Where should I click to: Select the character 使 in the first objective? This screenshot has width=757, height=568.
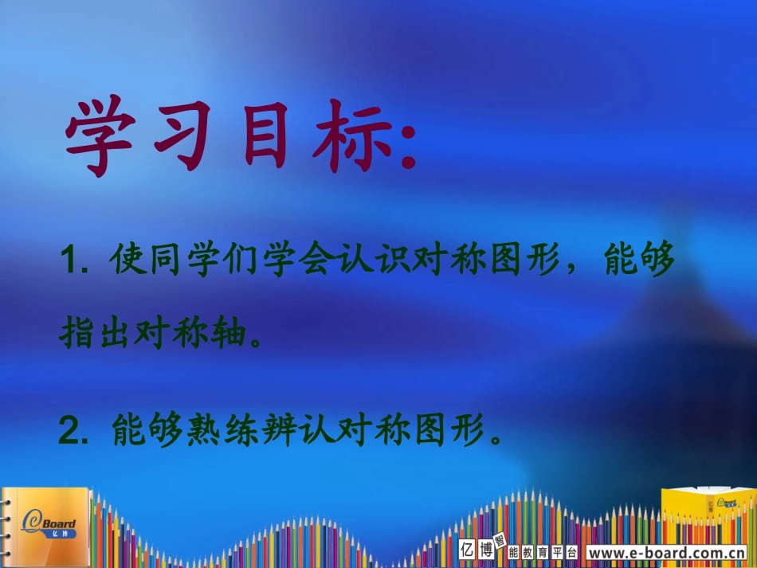click(x=130, y=260)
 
